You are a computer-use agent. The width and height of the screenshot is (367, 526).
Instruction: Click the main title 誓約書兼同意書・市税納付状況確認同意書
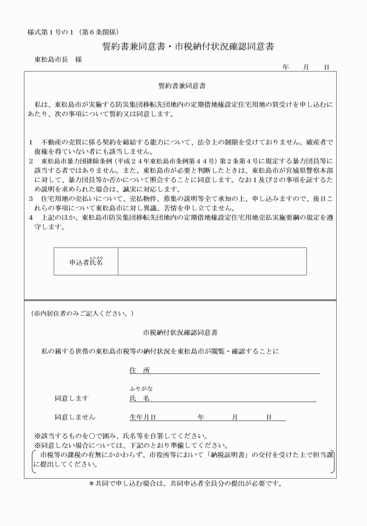point(184,46)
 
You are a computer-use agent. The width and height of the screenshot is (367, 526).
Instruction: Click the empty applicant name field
point(212,261)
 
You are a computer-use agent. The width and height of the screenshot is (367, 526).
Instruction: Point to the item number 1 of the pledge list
point(30,141)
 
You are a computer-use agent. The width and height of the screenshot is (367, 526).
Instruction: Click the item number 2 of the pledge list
point(30,158)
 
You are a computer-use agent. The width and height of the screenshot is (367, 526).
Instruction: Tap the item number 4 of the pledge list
point(30,217)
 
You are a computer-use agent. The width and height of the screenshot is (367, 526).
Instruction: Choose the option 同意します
point(72,398)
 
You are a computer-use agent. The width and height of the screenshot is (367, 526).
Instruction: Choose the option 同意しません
point(75,417)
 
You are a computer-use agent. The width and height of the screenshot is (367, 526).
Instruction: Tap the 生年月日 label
point(143,417)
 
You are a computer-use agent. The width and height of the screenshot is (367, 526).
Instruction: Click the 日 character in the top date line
point(327,68)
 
